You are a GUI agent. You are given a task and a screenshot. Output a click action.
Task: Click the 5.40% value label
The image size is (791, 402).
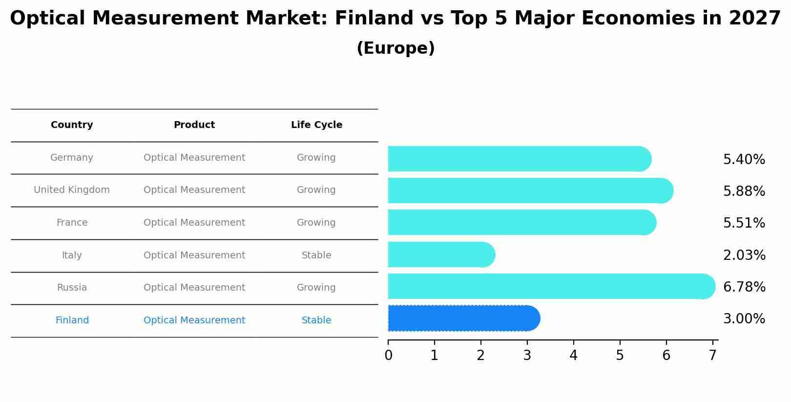744,160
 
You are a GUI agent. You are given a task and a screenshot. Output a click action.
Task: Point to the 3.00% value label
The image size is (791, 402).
744,319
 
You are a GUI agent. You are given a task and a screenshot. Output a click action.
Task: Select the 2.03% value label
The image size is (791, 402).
744,255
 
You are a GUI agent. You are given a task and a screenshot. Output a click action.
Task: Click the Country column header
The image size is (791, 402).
72,125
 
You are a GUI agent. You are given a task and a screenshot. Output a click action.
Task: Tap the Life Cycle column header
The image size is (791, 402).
316,125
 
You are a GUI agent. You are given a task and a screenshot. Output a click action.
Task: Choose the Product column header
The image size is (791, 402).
194,125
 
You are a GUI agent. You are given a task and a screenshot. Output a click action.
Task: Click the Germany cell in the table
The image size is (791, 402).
72,158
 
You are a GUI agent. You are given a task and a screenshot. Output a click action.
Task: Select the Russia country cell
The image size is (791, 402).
72,288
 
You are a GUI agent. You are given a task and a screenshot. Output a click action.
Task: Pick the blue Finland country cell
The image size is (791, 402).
72,320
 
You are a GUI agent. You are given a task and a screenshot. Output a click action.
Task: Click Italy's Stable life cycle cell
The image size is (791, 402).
316,255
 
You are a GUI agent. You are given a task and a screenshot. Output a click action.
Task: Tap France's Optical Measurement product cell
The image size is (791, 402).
194,223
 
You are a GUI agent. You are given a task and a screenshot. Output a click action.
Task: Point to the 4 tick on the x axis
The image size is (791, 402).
573,355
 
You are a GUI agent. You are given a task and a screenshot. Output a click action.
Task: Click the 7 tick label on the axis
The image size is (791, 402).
712,355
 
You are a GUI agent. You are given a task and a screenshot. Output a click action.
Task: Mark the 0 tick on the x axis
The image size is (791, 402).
388,355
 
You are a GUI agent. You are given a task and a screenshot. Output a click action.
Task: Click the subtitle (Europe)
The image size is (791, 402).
395,48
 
